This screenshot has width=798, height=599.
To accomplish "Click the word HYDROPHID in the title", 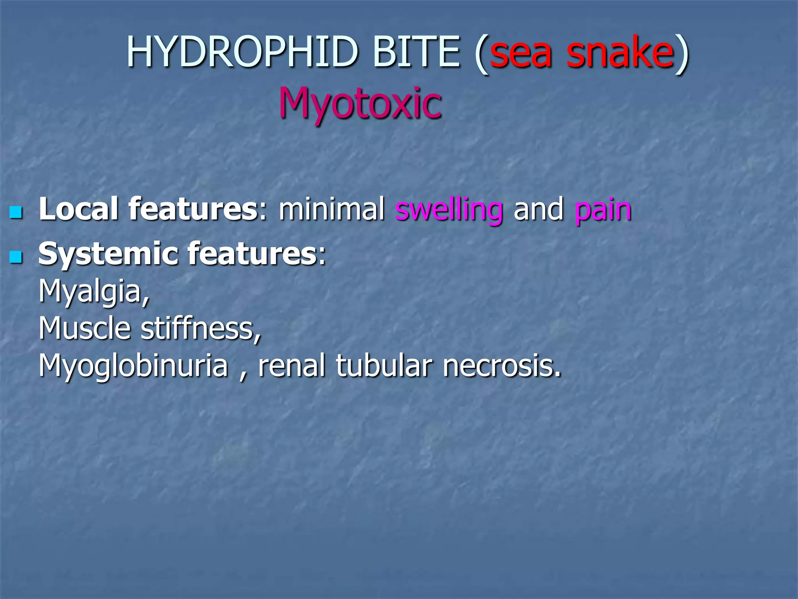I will click(242, 52).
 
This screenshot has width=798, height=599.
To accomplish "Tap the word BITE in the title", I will click(416, 52).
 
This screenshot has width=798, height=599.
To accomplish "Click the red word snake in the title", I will click(620, 52).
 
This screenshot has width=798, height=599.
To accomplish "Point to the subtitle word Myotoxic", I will click(360, 103).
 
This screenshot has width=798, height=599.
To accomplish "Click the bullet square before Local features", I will click(16, 213).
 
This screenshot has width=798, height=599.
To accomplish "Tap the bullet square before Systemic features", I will click(16, 257).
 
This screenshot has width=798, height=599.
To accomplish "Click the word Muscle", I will click(84, 328).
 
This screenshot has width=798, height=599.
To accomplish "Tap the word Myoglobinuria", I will click(133, 367).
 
